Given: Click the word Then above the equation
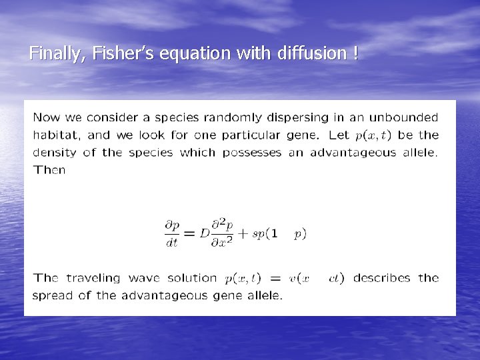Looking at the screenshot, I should (49, 170).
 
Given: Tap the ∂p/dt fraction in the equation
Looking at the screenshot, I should (173, 233).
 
